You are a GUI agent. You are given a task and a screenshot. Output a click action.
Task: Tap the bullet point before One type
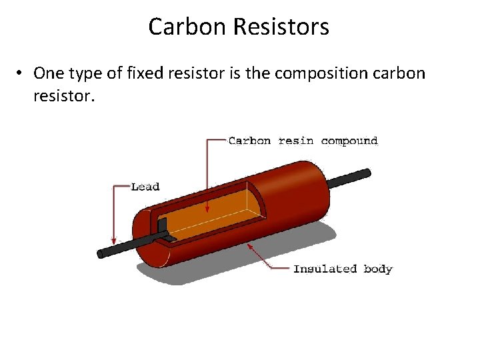point(21,73)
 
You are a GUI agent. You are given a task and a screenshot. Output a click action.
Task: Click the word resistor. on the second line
point(64,96)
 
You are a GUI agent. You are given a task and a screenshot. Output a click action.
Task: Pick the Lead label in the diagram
point(145,187)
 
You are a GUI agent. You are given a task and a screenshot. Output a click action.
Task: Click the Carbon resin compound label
point(303,141)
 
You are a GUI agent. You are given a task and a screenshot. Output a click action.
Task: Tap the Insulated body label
point(343,269)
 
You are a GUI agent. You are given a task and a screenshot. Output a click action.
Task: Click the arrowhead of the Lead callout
point(115,241)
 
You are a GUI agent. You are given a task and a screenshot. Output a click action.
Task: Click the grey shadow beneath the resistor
point(280,250)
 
